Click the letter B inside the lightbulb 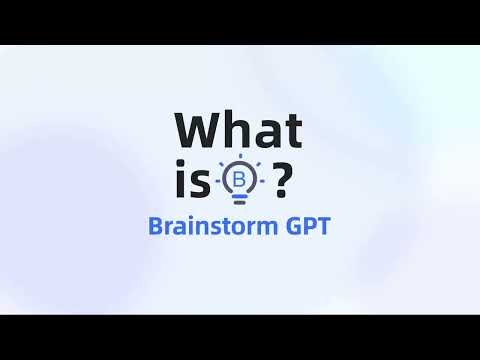pyautogui.click(x=239, y=180)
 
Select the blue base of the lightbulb pyautogui.click(x=239, y=199)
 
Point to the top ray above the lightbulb pyautogui.click(x=239, y=158)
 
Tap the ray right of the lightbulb pyautogui.click(x=262, y=181)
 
